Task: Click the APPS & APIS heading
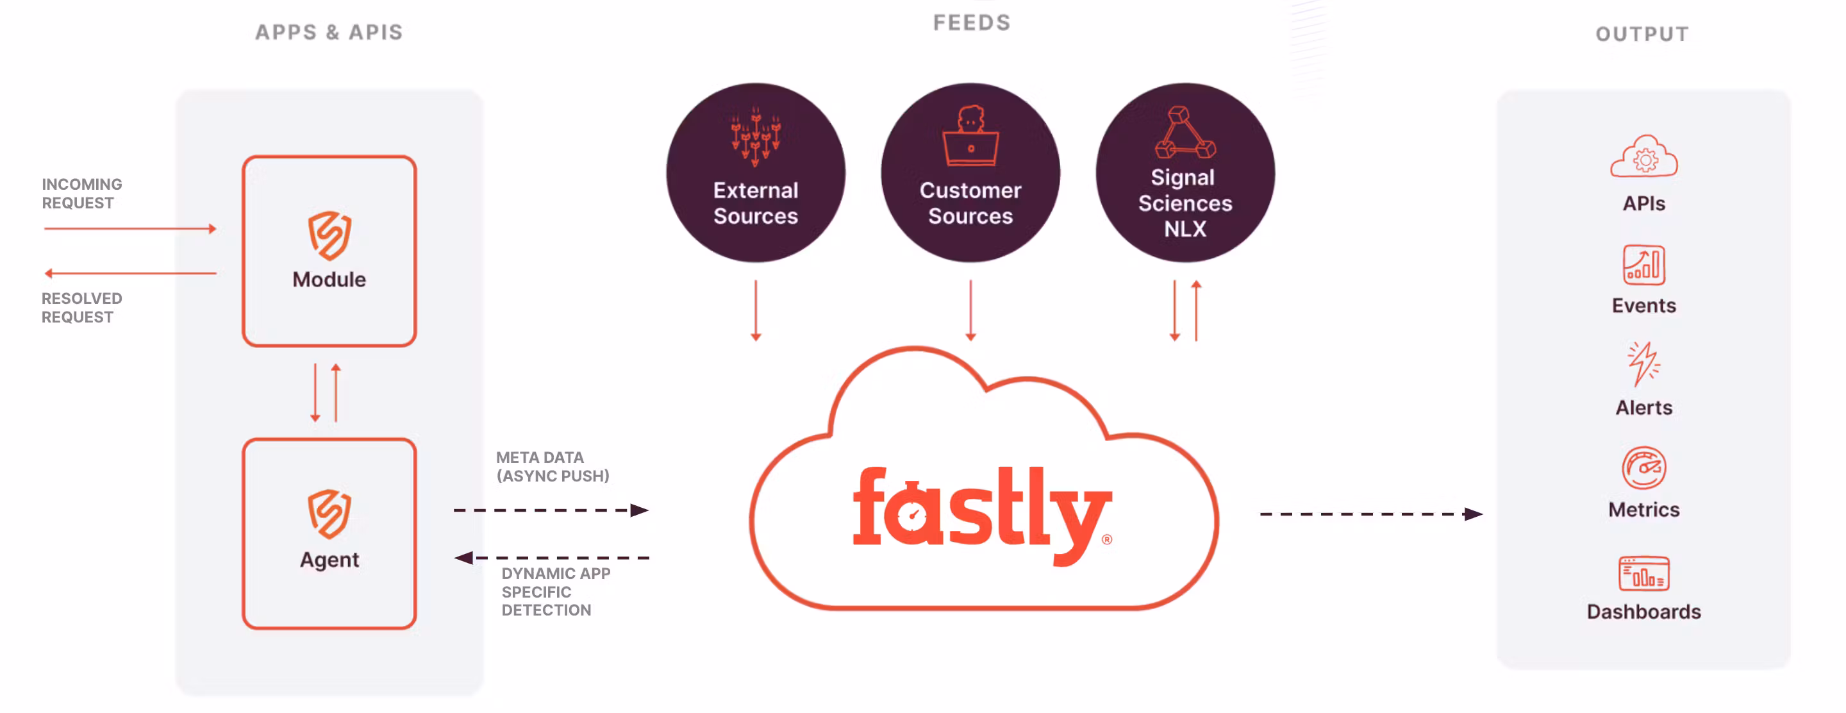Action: (329, 32)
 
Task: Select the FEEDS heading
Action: (971, 23)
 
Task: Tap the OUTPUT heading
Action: (1642, 34)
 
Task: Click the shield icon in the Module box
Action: (329, 235)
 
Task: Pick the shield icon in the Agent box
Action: (329, 513)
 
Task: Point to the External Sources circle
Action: (755, 172)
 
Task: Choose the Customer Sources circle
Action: (970, 172)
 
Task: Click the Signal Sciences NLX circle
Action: (1185, 172)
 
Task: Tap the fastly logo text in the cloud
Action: (981, 512)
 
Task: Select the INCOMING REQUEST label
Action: (81, 194)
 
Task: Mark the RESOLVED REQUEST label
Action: (81, 307)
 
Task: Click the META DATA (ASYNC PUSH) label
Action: (553, 467)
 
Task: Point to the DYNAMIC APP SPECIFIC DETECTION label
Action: (555, 592)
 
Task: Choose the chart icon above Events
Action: (1643, 265)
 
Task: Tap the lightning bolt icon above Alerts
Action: (1643, 364)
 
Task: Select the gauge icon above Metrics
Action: (1643, 468)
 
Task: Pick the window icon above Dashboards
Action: (1643, 573)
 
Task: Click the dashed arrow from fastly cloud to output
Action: (1370, 514)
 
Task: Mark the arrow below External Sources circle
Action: (755, 310)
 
